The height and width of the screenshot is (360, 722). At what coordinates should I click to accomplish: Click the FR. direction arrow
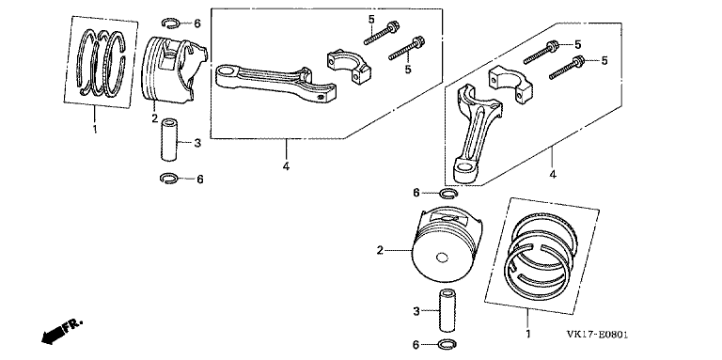click(x=62, y=332)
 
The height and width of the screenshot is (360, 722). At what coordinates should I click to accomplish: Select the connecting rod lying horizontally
click(x=275, y=82)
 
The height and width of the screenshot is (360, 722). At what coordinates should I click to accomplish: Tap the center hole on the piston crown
click(x=442, y=258)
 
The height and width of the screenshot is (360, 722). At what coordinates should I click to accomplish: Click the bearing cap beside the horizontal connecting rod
click(x=349, y=68)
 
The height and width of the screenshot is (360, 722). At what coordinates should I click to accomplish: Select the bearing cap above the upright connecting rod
click(x=510, y=85)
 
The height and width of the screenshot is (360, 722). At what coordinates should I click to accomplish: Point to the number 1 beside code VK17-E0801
click(x=528, y=334)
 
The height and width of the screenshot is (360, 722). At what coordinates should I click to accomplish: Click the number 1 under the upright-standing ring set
click(x=95, y=130)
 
